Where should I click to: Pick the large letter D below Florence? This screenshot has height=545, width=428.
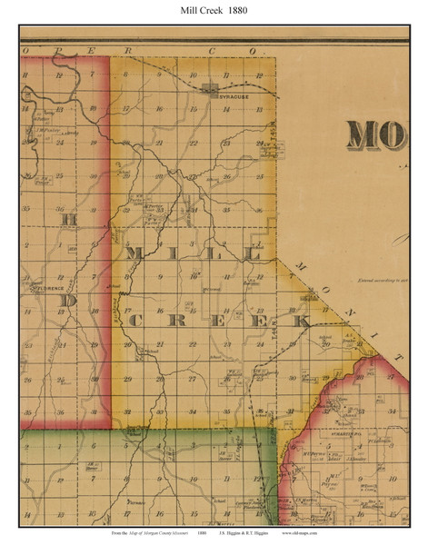coord(68,301)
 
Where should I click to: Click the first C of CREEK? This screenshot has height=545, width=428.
coord(134,321)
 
